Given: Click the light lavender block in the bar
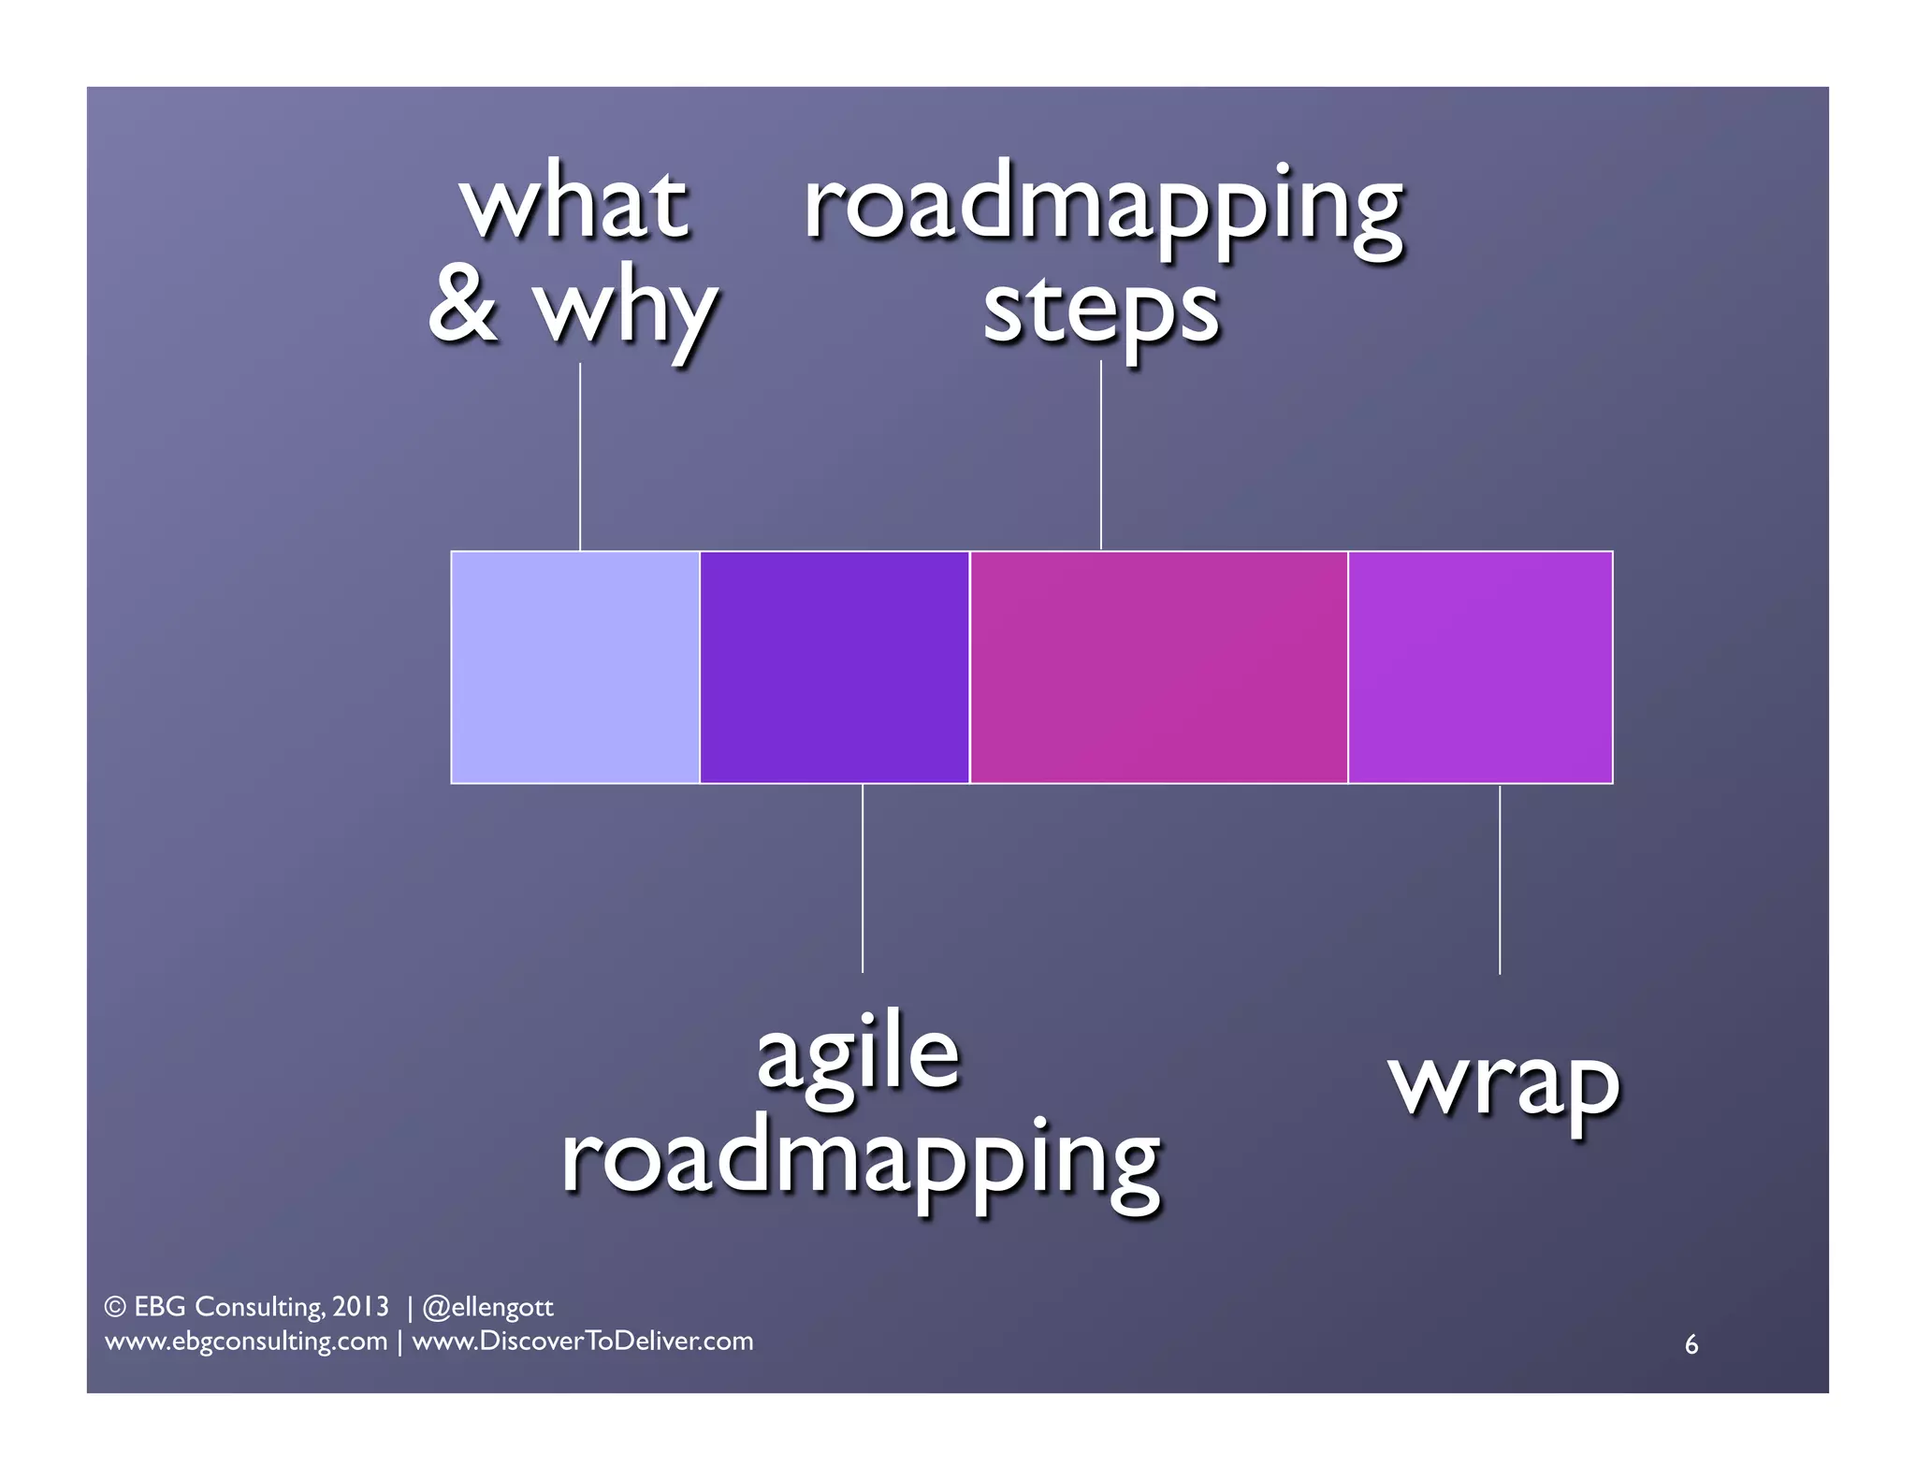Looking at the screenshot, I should click(x=574, y=666).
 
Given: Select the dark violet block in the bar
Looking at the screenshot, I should click(x=834, y=666).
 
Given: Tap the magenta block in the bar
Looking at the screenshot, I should click(x=1158, y=666).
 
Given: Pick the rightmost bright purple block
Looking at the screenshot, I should click(x=1480, y=666).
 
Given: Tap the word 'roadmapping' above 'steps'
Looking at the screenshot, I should click(x=1103, y=208).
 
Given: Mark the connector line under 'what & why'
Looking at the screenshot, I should click(x=580, y=457).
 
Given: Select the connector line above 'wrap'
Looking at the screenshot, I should click(x=1500, y=879).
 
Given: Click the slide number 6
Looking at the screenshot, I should click(x=1691, y=1344).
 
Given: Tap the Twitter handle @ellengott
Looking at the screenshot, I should click(x=488, y=1307).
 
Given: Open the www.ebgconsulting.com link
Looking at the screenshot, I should click(x=246, y=1342).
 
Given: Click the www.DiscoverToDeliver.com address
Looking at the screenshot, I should click(x=583, y=1342).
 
